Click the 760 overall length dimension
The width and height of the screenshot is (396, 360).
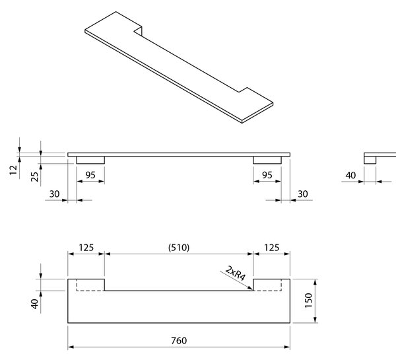point(179,341)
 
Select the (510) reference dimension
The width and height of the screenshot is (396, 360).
point(179,248)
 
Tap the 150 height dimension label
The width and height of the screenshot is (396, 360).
point(309,301)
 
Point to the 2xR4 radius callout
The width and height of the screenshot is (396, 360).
point(236,273)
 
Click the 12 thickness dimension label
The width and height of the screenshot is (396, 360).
point(13,170)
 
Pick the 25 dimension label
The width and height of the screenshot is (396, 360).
point(34,177)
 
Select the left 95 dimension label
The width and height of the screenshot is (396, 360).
point(90,175)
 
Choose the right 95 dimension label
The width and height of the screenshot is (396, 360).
point(267,175)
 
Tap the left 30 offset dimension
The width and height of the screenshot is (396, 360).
point(54,194)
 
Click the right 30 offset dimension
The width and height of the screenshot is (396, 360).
point(303,194)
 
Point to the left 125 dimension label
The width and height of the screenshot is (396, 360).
point(86,248)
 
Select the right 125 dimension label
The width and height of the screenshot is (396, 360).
point(271,248)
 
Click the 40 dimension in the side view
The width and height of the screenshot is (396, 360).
point(351,175)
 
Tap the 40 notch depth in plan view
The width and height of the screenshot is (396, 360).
point(34,304)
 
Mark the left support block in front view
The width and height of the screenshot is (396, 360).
point(90,160)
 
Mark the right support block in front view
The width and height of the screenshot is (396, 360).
point(267,160)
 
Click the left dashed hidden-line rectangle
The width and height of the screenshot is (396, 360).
point(77,285)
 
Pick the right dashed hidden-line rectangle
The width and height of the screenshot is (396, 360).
point(281,285)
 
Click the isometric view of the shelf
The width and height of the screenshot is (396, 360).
point(179,67)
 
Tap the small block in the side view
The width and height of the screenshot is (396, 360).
point(370,160)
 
